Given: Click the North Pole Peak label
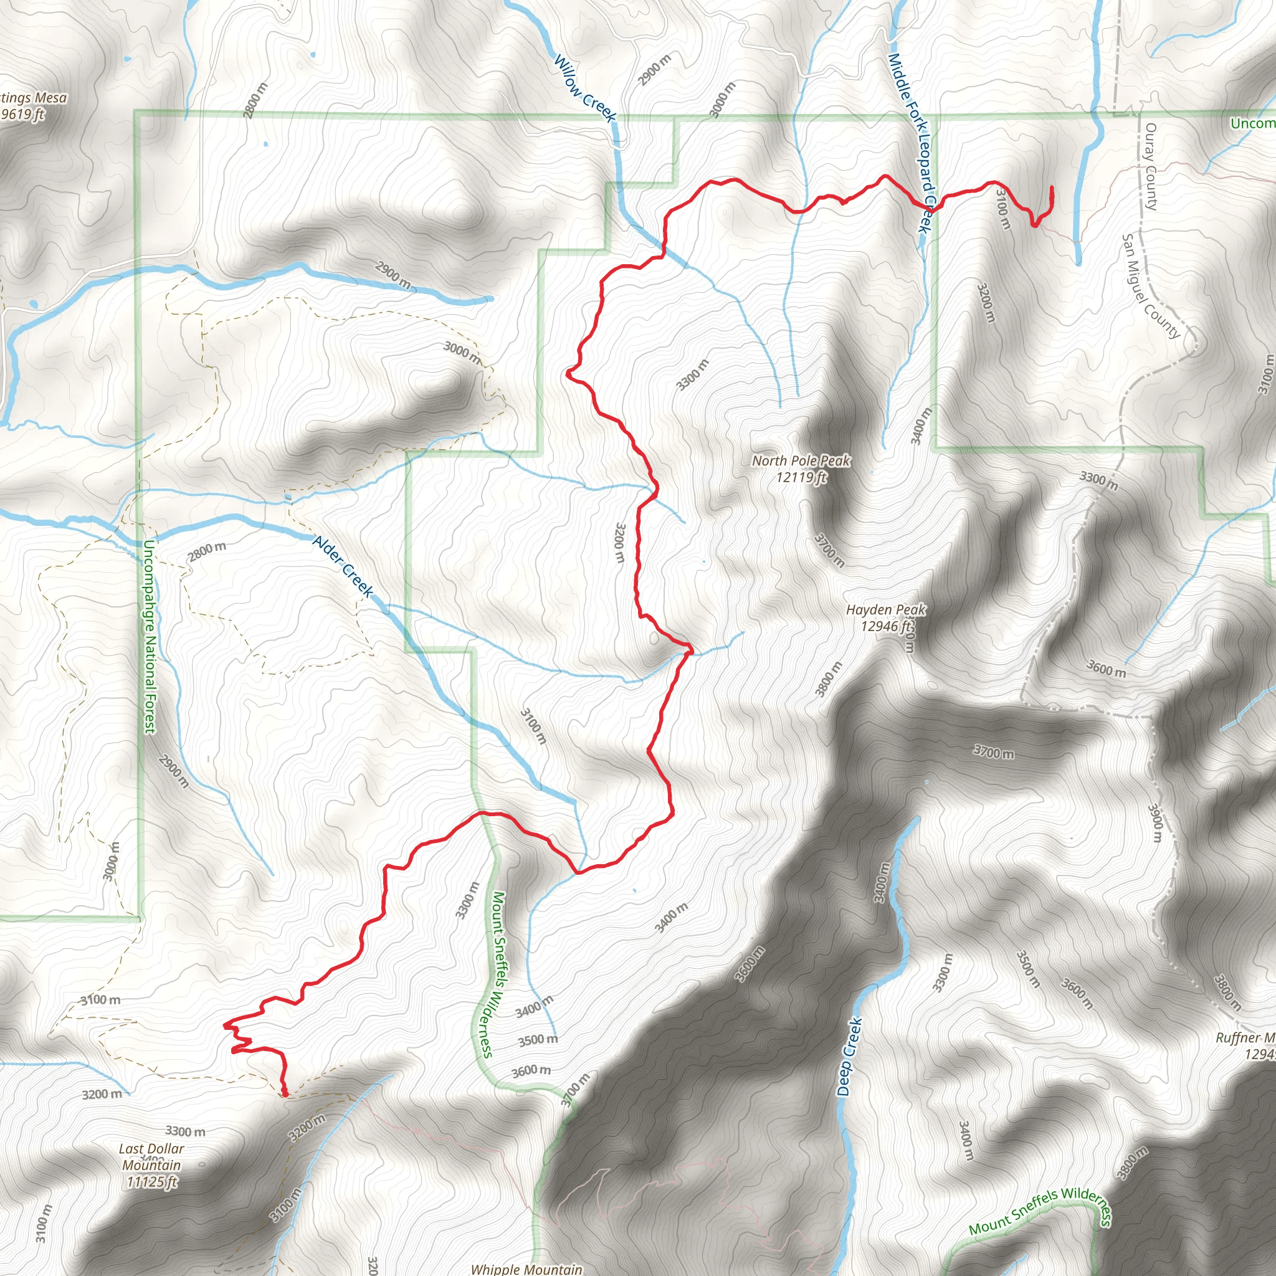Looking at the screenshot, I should click(801, 460).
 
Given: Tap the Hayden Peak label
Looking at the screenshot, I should click(886, 609).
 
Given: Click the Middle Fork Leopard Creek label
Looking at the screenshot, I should click(911, 142).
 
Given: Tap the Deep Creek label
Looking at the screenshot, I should click(849, 1057).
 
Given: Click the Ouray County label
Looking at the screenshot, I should click(1151, 166).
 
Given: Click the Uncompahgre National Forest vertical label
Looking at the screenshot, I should click(150, 636).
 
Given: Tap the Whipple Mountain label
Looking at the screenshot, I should click(526, 1269).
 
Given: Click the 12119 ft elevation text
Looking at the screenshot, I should click(801, 477).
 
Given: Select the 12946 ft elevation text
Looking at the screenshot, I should click(886, 626).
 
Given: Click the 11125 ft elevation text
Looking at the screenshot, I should click(151, 1182).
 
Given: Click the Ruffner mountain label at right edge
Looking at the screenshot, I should click(1245, 1037).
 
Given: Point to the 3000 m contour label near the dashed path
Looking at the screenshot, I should click(462, 352).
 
